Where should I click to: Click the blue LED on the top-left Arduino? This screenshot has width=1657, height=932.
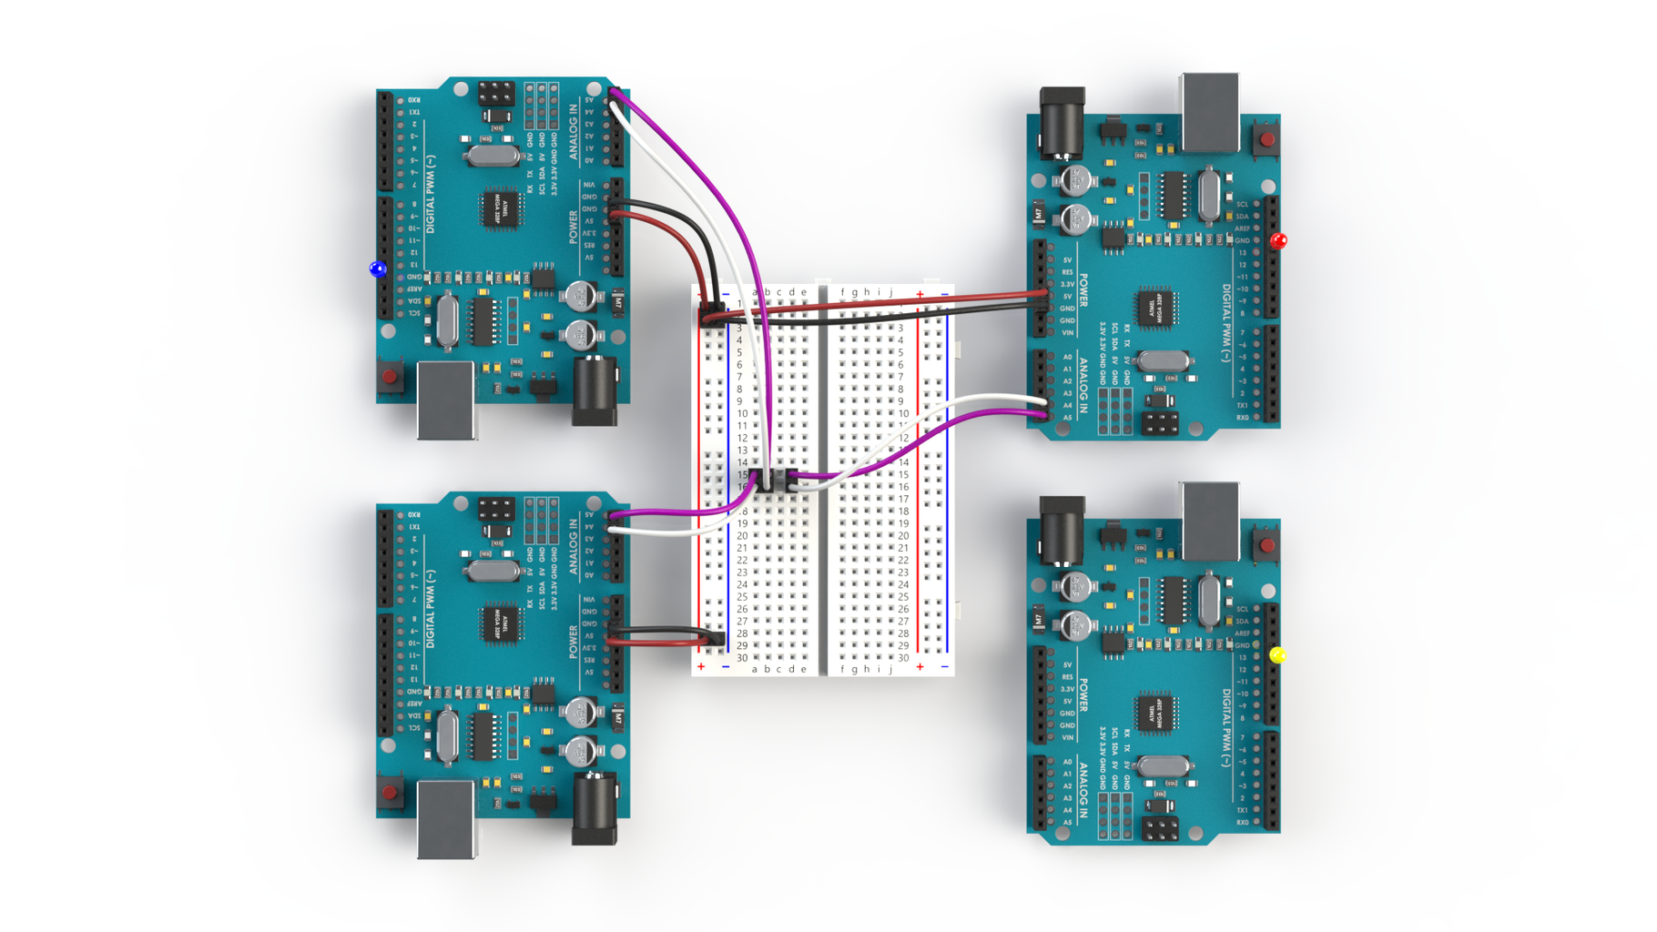pyautogui.click(x=378, y=268)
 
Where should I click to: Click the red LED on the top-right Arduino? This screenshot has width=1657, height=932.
pyautogui.click(x=1278, y=241)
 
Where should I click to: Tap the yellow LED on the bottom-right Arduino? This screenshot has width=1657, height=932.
pyautogui.click(x=1277, y=655)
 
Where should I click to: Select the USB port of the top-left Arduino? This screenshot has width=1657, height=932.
pyautogui.click(x=446, y=399)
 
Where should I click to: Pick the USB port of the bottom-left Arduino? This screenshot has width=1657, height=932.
pyautogui.click(x=446, y=817)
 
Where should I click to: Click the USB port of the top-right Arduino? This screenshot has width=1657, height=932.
pyautogui.click(x=1210, y=112)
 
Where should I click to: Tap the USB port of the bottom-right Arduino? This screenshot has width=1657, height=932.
pyautogui.click(x=1210, y=520)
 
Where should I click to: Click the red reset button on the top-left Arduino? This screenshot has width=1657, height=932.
pyautogui.click(x=390, y=375)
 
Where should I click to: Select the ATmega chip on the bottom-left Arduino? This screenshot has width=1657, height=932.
pyautogui.click(x=500, y=623)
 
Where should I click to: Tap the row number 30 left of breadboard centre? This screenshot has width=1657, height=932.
pyautogui.click(x=742, y=657)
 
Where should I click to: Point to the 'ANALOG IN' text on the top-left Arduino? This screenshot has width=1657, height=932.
pyautogui.click(x=574, y=133)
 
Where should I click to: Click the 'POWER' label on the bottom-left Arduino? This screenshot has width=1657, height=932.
pyautogui.click(x=574, y=642)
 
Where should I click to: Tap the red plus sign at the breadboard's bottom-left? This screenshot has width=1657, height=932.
pyautogui.click(x=701, y=667)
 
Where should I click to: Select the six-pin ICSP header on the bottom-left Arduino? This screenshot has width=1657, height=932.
pyautogui.click(x=496, y=508)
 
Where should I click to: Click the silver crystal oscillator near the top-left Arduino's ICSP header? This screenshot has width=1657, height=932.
pyautogui.click(x=493, y=156)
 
